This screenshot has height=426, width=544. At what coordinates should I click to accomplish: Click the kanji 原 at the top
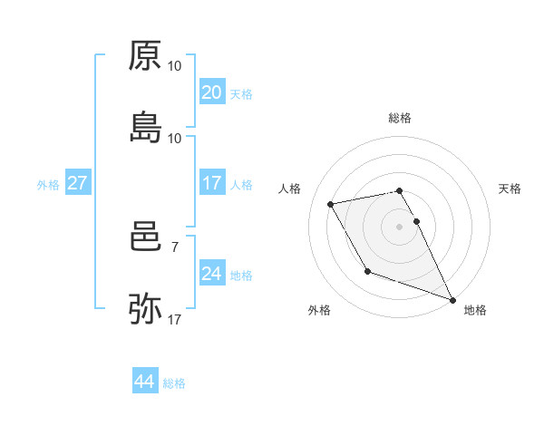pyautogui.click(x=145, y=56)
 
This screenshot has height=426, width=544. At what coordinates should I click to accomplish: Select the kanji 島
pyautogui.click(x=145, y=127)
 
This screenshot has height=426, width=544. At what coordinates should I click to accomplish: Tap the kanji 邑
pyautogui.click(x=145, y=238)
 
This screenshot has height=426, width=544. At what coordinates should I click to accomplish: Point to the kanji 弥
pyautogui.click(x=145, y=309)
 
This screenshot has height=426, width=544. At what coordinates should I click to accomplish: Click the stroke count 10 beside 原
pyautogui.click(x=175, y=66)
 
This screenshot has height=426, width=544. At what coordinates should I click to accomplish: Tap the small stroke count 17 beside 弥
pyautogui.click(x=175, y=319)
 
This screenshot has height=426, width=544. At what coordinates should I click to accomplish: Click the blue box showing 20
pyautogui.click(x=211, y=92)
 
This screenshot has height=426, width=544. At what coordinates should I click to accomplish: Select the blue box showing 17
pyautogui.click(x=211, y=184)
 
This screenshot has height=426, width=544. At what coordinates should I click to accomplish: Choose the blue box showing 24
pyautogui.click(x=211, y=274)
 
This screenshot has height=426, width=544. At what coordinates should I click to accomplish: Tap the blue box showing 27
pyautogui.click(x=77, y=184)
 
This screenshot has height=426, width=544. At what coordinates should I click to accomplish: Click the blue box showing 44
pyautogui.click(x=144, y=382)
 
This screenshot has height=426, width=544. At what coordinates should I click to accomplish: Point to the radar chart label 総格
pyautogui.click(x=400, y=119)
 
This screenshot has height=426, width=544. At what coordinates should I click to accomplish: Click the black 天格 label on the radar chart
pyautogui.click(x=510, y=189)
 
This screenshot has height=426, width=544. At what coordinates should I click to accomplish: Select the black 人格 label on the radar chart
pyautogui.click(x=290, y=189)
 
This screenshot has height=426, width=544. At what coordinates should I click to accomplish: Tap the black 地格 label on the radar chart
pyautogui.click(x=475, y=311)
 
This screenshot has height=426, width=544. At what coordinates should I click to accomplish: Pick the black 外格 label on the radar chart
pyautogui.click(x=319, y=311)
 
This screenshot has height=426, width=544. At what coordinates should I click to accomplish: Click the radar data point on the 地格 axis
pyautogui.click(x=453, y=299)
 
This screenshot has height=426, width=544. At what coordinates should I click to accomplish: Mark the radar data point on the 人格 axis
pyautogui.click(x=331, y=204)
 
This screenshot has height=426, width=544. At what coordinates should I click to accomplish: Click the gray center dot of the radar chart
pyautogui.click(x=400, y=227)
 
